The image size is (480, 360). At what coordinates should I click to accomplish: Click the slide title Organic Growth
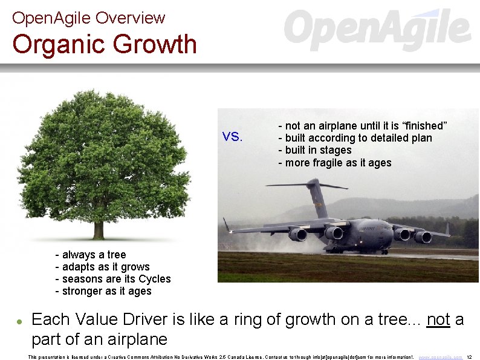click(105, 45)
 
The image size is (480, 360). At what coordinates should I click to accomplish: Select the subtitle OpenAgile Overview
click(88, 18)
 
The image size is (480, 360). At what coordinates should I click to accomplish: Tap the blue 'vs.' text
click(232, 137)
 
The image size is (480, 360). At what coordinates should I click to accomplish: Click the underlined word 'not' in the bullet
click(438, 319)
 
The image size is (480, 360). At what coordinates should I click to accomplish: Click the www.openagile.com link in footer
click(440, 357)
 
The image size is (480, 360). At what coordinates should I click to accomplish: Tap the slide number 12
click(470, 357)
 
